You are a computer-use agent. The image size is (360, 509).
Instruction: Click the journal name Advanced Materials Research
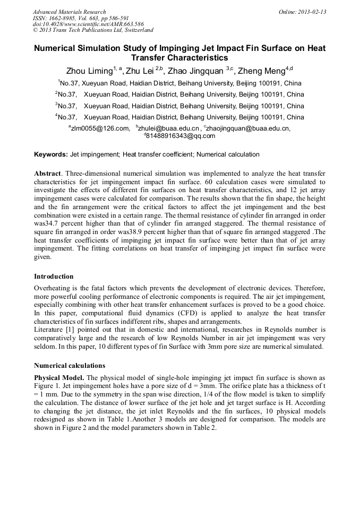point(69,12)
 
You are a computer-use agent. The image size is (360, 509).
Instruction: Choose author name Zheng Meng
point(261,72)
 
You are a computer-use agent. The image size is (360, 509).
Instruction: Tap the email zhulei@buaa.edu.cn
point(169,128)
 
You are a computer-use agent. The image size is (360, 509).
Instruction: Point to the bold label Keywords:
point(51,154)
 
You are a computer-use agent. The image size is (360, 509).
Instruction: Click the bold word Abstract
point(48,174)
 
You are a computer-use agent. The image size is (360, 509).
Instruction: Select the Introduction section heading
point(54,276)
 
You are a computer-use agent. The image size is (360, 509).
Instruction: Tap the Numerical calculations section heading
point(70,365)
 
